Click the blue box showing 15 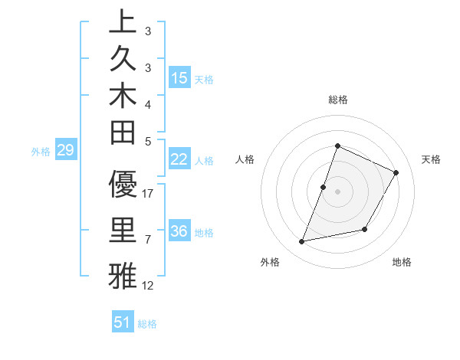[179, 78]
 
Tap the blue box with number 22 [179, 159]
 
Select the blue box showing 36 [179, 231]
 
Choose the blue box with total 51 [123, 322]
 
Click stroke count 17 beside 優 [149, 194]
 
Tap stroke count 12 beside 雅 [149, 286]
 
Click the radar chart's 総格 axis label [337, 100]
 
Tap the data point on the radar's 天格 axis [396, 172]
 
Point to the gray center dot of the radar [337, 191]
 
